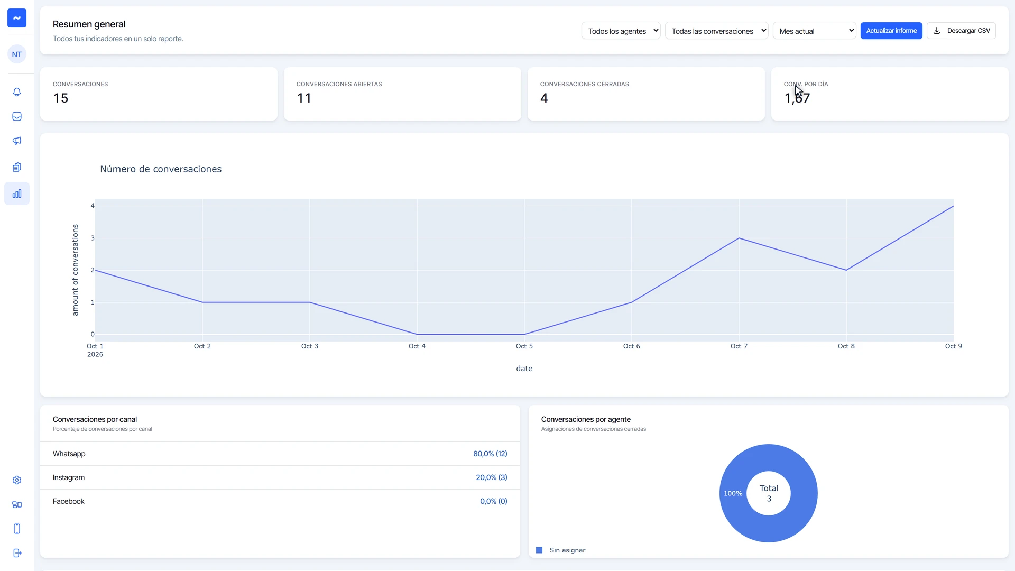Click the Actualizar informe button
pyautogui.click(x=891, y=31)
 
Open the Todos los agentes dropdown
pyautogui.click(x=621, y=31)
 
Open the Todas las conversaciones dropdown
pyautogui.click(x=716, y=31)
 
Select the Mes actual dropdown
pyautogui.click(x=814, y=31)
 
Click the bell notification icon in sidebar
pyautogui.click(x=17, y=92)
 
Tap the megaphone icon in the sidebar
pyautogui.click(x=17, y=141)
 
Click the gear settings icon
pyautogui.click(x=17, y=480)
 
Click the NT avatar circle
pyautogui.click(x=17, y=54)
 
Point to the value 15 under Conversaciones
pyautogui.click(x=61, y=98)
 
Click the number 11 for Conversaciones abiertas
pyautogui.click(x=304, y=98)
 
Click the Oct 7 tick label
pyautogui.click(x=739, y=346)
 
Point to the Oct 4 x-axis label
pyautogui.click(x=417, y=346)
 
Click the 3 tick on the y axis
pyautogui.click(x=93, y=238)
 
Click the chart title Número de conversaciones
pyautogui.click(x=161, y=169)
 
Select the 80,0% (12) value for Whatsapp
pyautogui.click(x=490, y=454)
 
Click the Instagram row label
pyautogui.click(x=69, y=477)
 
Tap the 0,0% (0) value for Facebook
pyautogui.click(x=494, y=501)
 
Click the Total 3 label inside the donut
pyautogui.click(x=769, y=493)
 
